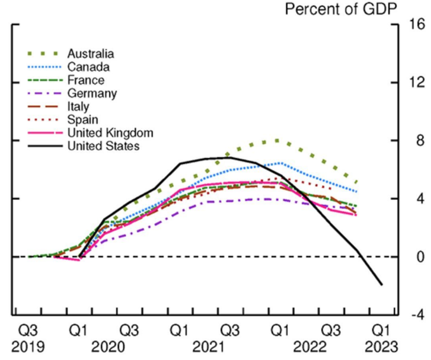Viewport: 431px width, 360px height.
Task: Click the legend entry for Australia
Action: tap(90, 54)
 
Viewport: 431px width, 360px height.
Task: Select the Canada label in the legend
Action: tap(88, 67)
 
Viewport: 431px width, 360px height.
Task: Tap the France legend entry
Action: tap(86, 80)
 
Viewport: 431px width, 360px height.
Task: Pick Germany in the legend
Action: tap(92, 93)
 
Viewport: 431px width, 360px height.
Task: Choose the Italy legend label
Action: tap(78, 106)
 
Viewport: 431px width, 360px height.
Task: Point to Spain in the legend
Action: tap(83, 119)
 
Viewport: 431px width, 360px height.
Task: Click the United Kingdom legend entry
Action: tap(110, 133)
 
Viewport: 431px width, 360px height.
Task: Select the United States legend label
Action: tap(103, 146)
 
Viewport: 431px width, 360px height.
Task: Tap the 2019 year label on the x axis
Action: tap(28, 347)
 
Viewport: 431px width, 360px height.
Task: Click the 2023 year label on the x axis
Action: tap(382, 347)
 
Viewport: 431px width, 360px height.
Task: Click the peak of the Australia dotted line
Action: tap(277, 140)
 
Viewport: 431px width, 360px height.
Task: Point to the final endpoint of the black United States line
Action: tap(382, 284)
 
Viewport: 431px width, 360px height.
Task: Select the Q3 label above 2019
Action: tap(28, 329)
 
